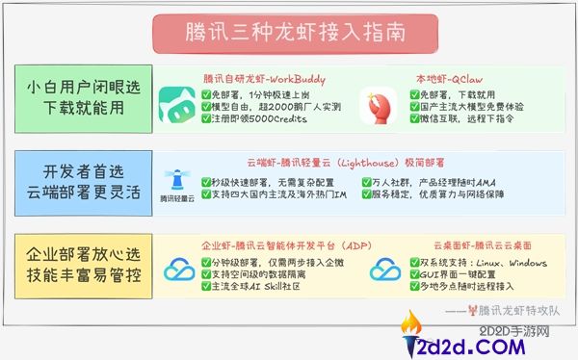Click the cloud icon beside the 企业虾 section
(179, 271)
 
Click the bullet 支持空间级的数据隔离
(262, 275)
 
